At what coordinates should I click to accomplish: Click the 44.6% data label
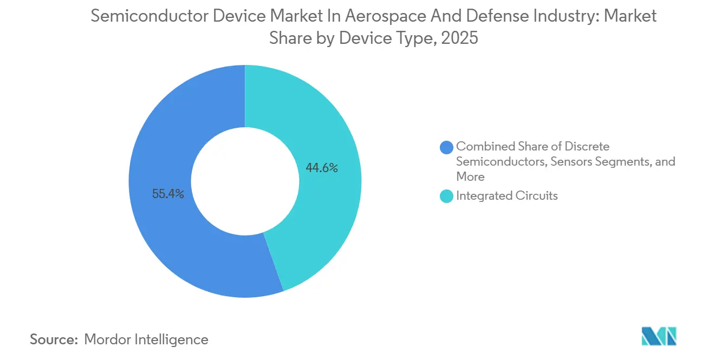pyautogui.click(x=322, y=168)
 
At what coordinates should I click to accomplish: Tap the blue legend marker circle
pyautogui.click(x=446, y=147)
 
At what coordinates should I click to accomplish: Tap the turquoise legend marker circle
pyautogui.click(x=446, y=197)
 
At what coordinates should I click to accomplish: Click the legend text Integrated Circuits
pyautogui.click(x=506, y=196)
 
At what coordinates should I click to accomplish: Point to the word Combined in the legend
pyautogui.click(x=482, y=146)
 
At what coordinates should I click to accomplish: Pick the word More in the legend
pyautogui.click(x=470, y=176)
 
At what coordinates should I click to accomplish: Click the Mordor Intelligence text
pyautogui.click(x=146, y=339)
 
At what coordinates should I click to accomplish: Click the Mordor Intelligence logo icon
pyautogui.click(x=659, y=336)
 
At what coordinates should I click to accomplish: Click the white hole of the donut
pyautogui.click(x=245, y=181)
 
